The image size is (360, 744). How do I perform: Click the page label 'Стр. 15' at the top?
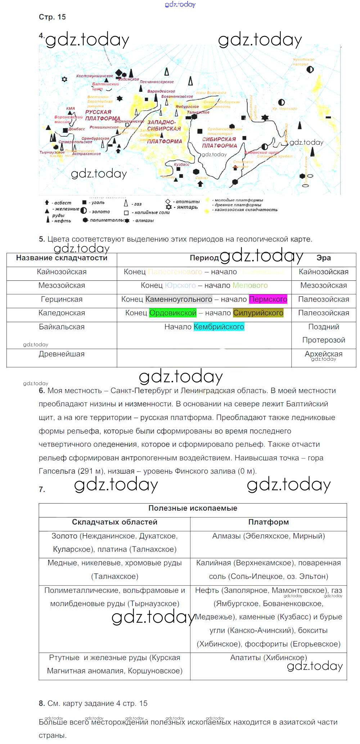coord(52,17)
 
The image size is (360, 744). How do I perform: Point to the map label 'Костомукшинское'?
coord(94,76)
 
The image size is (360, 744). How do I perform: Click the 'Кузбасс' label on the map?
coord(181,164)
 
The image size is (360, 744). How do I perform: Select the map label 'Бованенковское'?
coord(177,96)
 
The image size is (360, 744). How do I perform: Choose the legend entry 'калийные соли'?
coord(151,212)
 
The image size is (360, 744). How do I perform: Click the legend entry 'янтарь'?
coord(187,207)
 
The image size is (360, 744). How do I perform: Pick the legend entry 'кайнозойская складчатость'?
coord(246,210)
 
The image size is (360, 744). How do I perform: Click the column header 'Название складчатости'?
coord(62,258)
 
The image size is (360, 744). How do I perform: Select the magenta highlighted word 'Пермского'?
coord(268,299)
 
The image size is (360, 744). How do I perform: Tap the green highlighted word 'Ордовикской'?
coord(173,313)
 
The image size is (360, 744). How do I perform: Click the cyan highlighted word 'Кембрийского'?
coord(219,327)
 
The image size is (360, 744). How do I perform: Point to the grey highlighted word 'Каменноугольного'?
coord(179,299)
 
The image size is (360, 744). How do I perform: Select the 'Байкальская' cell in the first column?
coord(62,327)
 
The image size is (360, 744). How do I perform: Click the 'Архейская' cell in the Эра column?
coord(323,354)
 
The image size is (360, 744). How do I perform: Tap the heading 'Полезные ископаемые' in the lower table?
coord(193,508)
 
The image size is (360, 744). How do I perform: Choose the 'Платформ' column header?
coord(268,522)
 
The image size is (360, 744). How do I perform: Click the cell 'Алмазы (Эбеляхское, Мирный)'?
coord(268,536)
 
